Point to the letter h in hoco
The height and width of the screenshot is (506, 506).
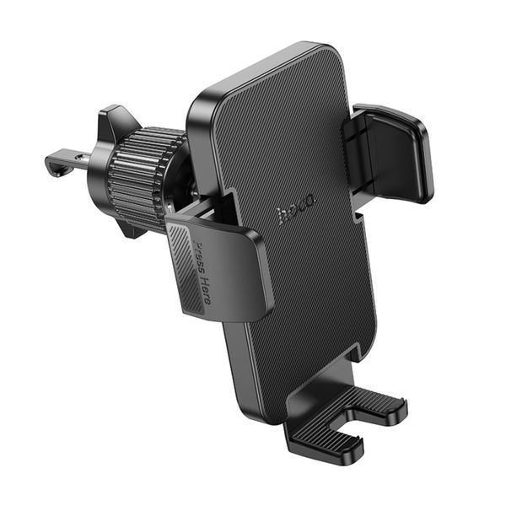tap(283, 217)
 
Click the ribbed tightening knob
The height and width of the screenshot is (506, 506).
tap(140, 177)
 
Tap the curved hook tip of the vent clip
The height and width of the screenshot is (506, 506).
tap(52, 164)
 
